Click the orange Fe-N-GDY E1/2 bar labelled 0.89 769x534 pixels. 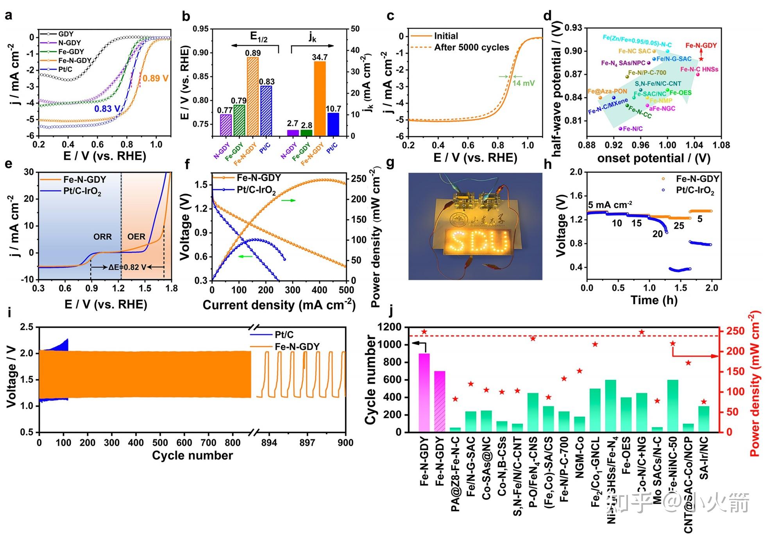[253, 97]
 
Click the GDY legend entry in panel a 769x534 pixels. [66, 34]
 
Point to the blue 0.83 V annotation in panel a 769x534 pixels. [107, 109]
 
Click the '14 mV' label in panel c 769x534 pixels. [523, 83]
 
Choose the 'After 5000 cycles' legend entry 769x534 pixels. [471, 48]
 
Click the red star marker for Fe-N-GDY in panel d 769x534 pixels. [701, 59]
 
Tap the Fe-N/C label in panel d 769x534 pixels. [633, 129]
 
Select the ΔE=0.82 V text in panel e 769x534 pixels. [127, 267]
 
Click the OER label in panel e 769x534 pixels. [136, 237]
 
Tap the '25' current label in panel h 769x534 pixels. [679, 226]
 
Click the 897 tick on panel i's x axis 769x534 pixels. [307, 443]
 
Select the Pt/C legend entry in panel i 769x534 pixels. [284, 335]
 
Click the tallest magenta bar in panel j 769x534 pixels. [424, 392]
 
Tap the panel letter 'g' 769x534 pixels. [390, 163]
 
